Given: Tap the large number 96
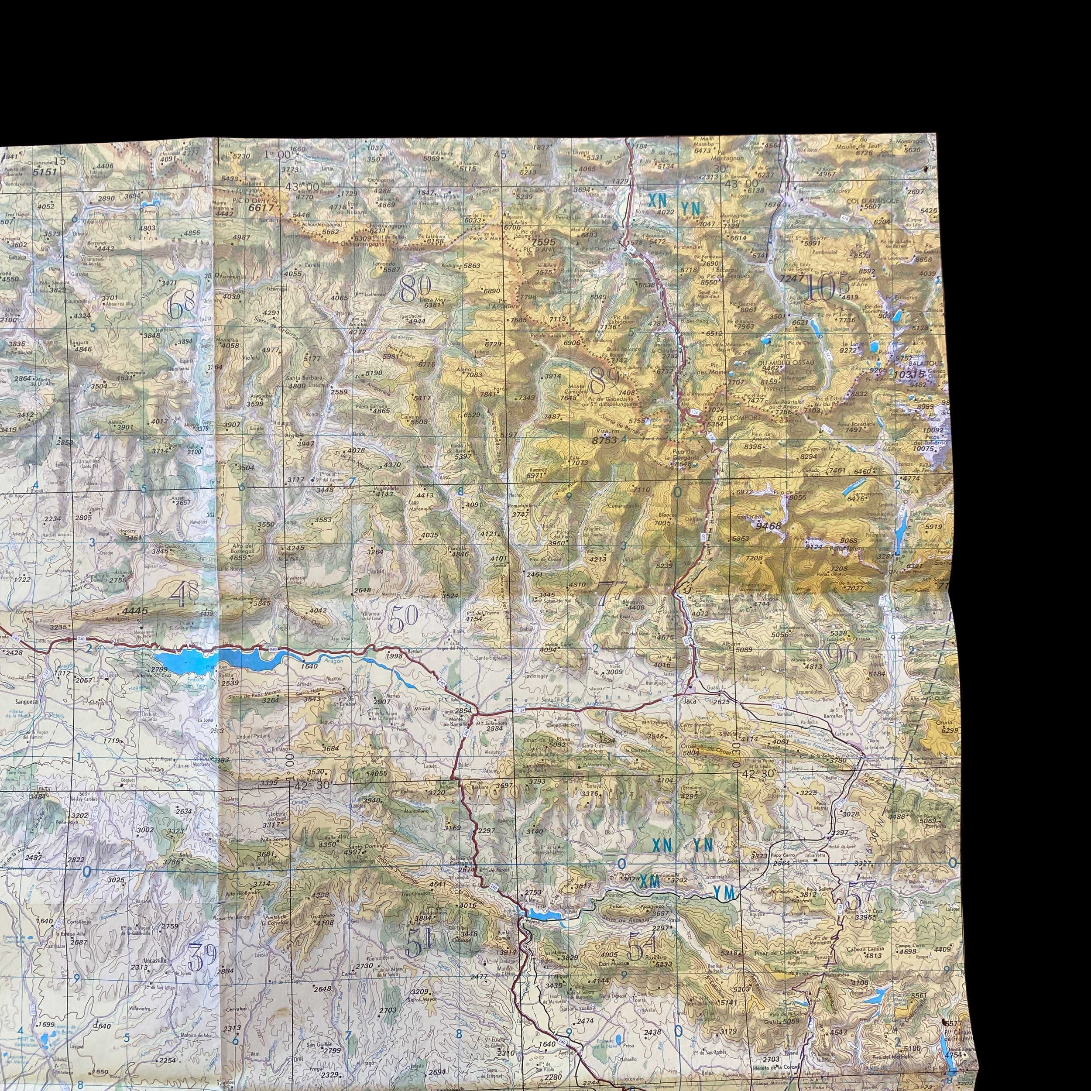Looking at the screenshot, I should coord(841,654).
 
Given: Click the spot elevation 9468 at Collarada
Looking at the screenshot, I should coord(769,526).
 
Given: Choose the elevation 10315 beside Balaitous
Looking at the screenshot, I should coord(909,374).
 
